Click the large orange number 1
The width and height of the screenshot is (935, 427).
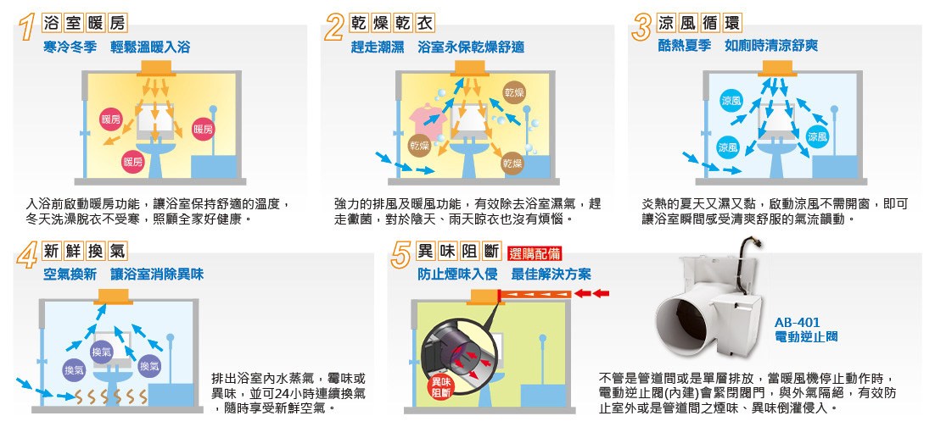(27, 27)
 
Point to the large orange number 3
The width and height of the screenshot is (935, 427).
(641, 27)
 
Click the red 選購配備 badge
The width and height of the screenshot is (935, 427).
(535, 254)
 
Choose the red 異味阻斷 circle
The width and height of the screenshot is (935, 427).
(442, 388)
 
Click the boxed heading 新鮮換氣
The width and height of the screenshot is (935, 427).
(84, 252)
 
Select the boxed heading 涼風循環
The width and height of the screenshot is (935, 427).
(699, 23)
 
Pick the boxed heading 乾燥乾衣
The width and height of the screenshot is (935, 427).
(392, 23)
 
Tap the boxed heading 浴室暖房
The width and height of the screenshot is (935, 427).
(84, 23)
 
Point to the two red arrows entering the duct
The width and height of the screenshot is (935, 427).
(592, 293)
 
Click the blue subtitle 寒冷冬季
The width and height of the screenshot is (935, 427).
(70, 47)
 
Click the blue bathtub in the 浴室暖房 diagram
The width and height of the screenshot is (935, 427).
(214, 167)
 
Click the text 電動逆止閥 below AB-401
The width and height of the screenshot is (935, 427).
(805, 337)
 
